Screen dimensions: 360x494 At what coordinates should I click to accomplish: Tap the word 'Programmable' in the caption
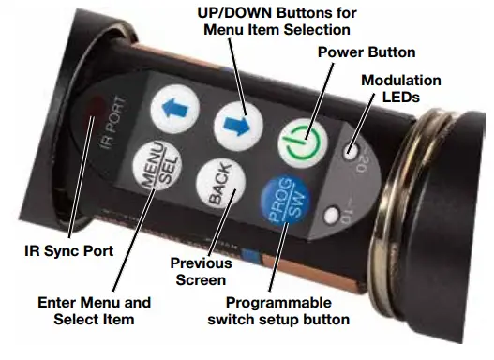(279, 305)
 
